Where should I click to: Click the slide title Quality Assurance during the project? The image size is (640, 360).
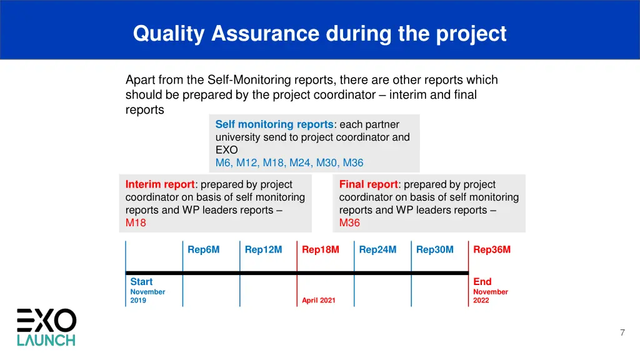coord(319,33)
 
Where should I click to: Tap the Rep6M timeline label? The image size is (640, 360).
coord(204,249)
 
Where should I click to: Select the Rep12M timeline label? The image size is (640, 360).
coord(263,249)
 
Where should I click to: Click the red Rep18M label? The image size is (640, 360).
coord(320,249)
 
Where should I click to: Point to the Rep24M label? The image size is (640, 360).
coord(377,249)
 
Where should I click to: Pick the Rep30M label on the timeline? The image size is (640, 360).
coord(434,249)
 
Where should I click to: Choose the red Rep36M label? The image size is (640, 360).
coord(492,249)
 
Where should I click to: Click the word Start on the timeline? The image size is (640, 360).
coord(141,282)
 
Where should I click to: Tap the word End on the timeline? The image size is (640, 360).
coord(482,282)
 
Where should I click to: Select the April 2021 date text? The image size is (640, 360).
coord(318,301)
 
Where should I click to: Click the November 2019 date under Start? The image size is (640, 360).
coord(147,296)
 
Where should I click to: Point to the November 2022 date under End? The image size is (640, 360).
coord(490,296)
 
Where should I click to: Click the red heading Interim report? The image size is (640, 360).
coord(160,184)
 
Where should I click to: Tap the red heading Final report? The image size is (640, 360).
coord(368,184)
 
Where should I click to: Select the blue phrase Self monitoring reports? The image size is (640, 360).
coord(274,124)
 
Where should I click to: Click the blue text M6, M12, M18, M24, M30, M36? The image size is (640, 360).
coord(289,162)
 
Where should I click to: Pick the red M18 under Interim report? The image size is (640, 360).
coord(136,222)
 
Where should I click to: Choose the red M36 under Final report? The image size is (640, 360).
coord(349,222)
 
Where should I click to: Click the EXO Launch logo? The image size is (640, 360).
coord(46,327)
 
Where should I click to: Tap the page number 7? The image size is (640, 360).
coord(622,332)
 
